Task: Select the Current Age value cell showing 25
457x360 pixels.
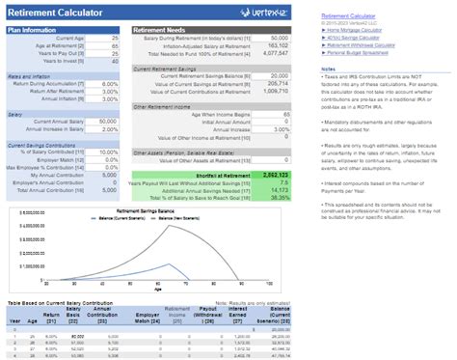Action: (115, 38)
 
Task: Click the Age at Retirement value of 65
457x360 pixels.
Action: (115, 45)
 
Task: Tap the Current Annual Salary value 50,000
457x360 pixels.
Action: (107, 121)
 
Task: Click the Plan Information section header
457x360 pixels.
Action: (31, 30)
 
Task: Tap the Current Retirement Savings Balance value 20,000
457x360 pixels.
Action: (278, 75)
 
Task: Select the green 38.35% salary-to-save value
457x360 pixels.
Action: (278, 197)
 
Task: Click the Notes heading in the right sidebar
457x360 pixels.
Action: (328, 69)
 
